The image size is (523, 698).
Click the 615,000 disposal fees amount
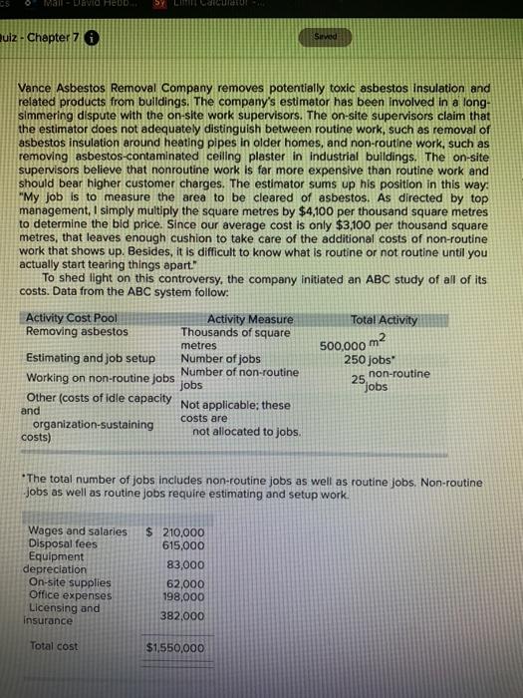pos(180,544)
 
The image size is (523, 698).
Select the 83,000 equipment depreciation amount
pos(182,563)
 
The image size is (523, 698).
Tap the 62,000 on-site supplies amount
pos(182,582)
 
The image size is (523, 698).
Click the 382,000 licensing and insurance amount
pos(180,615)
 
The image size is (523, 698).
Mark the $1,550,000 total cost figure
pos(174,648)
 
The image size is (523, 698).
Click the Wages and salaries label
pos(78,531)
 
